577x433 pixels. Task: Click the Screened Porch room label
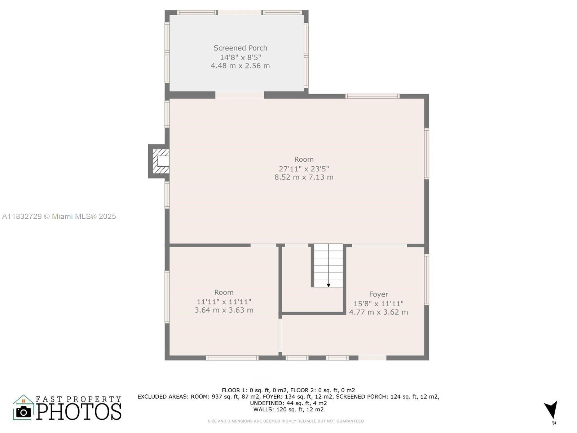240,48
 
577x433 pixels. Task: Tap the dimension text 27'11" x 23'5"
304,169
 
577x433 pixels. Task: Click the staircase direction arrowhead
329,285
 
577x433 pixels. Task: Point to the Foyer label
378,294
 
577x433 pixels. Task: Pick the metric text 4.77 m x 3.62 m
378,312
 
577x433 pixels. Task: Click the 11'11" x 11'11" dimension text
224,302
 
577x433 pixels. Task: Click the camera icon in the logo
23,411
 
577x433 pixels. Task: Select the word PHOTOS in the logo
79,411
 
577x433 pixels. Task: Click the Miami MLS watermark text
59,216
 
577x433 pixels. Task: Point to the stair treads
328,263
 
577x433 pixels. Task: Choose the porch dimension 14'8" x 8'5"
240,57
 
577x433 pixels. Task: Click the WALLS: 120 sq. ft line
288,410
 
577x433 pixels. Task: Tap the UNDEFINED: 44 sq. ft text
288,403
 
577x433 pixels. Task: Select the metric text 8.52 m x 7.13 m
304,177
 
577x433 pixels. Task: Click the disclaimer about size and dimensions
286,421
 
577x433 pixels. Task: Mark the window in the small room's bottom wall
232,358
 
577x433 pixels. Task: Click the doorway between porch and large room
240,95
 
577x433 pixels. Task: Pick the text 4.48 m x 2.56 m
240,66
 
